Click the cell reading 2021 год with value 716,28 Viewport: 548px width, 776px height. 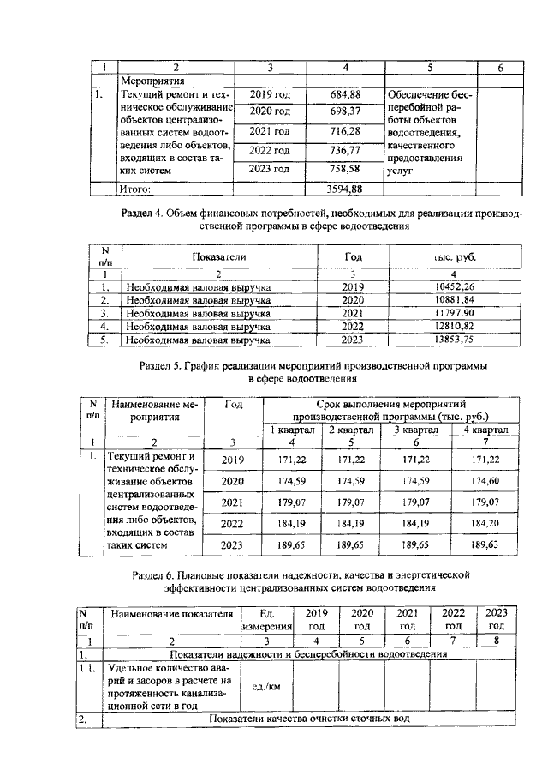[270, 131]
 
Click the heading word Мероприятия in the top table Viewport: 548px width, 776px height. [150, 79]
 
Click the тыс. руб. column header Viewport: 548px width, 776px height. [454, 256]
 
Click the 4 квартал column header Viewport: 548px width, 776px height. [485, 430]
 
